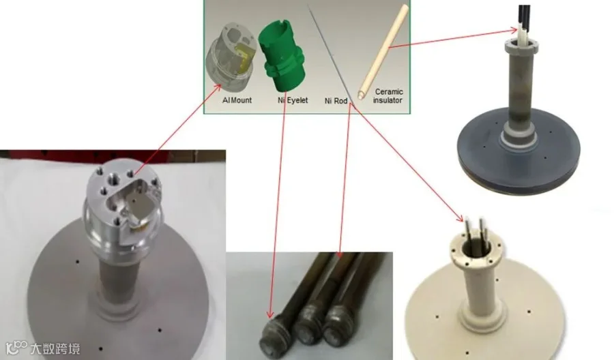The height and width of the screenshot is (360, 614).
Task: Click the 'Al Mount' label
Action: (237, 100)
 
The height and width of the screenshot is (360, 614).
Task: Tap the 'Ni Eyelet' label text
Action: (293, 100)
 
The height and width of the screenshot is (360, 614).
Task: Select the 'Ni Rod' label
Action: (336, 101)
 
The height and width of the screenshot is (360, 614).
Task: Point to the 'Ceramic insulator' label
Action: (388, 96)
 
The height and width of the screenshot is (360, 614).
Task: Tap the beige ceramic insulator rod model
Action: (383, 52)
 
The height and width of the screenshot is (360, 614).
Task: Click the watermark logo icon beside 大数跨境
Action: (16, 347)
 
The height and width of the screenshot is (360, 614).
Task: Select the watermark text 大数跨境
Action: (55, 348)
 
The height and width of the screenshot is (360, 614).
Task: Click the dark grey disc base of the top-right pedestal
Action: (518, 157)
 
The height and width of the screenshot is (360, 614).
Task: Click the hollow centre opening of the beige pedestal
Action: (475, 247)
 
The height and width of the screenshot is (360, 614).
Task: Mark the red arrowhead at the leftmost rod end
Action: (269, 314)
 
